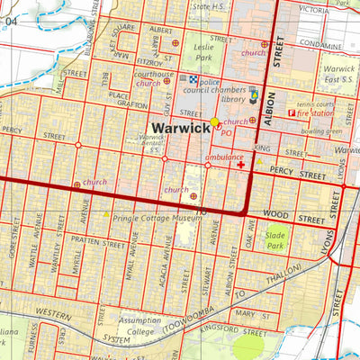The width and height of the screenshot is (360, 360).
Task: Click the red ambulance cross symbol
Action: tap(241, 166)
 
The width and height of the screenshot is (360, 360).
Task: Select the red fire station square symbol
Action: tap(290, 113)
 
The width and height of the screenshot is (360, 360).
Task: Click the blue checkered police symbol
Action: tap(192, 79)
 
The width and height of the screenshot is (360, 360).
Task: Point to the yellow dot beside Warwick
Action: tap(215, 122)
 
